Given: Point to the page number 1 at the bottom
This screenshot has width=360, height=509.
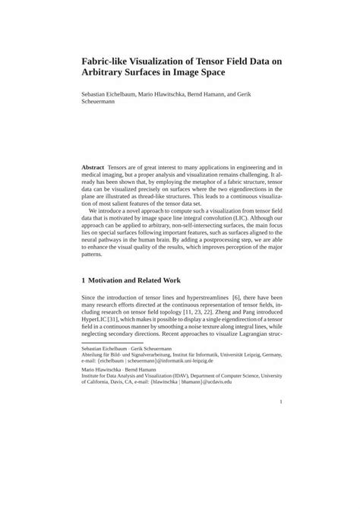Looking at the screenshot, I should (280, 423).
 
